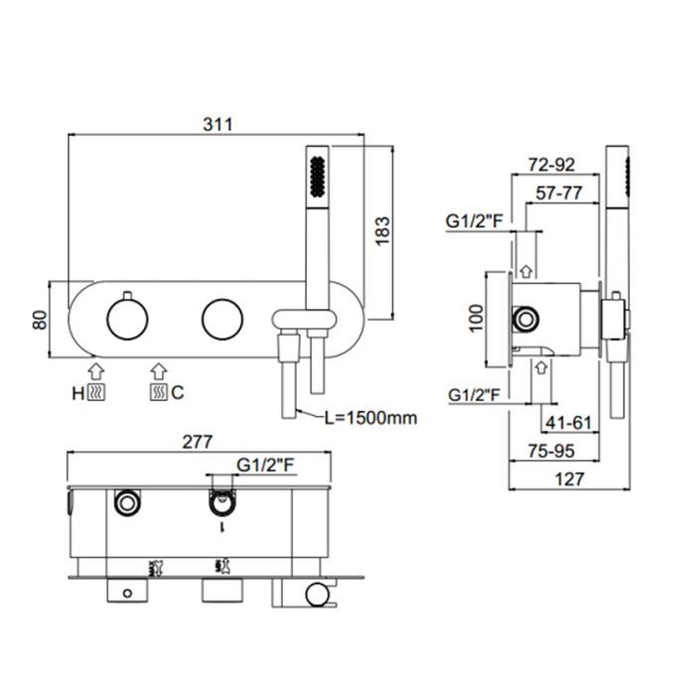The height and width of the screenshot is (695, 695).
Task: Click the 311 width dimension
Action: tap(217, 124)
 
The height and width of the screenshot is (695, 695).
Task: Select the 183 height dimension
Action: tap(382, 230)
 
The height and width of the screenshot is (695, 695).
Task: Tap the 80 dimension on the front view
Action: tap(40, 320)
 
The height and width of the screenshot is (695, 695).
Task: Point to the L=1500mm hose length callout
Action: tap(370, 418)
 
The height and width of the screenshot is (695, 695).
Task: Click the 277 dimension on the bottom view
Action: tap(198, 442)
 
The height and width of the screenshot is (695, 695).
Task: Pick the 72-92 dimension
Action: tap(551, 165)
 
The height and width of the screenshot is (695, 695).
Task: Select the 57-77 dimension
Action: tap(558, 193)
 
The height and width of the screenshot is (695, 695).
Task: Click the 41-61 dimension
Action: tap(569, 422)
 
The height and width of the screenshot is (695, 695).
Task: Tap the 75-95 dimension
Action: tap(551, 451)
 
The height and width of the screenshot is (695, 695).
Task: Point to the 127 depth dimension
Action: tap(569, 480)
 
